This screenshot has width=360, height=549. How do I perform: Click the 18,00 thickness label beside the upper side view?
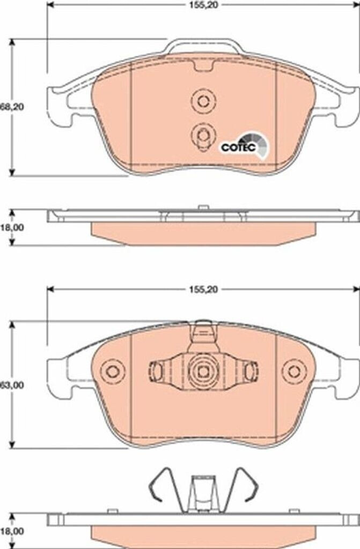pos(11,227)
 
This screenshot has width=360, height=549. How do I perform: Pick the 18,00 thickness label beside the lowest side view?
pos(11,531)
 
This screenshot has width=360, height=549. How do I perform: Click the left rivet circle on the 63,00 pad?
pos(112,371)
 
